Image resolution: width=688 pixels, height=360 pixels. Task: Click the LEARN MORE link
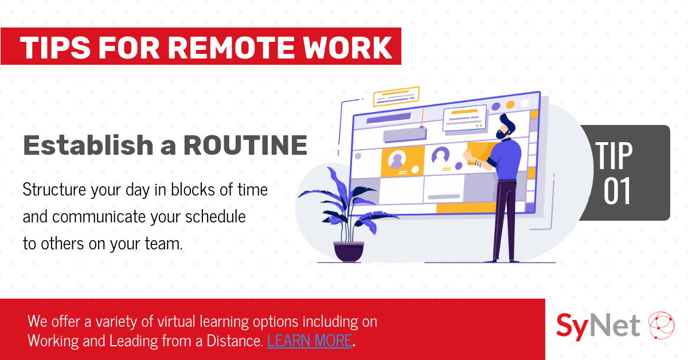pyautogui.click(x=310, y=341)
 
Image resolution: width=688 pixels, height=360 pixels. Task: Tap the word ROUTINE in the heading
pyautogui.click(x=245, y=145)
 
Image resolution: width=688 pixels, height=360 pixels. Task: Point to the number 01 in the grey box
pyautogui.click(x=617, y=191)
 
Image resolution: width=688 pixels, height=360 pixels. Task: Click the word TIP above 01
pyautogui.click(x=613, y=155)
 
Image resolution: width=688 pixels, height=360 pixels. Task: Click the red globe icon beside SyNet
pyautogui.click(x=661, y=325)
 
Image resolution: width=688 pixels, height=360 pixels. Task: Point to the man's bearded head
pyautogui.click(x=505, y=127)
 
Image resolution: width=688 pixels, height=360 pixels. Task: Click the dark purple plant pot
pyautogui.click(x=349, y=252)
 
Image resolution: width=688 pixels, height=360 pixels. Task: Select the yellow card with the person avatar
pyautogui.click(x=402, y=161)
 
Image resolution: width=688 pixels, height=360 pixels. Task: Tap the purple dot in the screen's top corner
pyautogui.click(x=496, y=107)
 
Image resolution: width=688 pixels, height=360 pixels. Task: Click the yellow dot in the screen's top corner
pyautogui.click(x=510, y=105)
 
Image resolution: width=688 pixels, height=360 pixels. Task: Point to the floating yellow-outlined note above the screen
pyautogui.click(x=396, y=96)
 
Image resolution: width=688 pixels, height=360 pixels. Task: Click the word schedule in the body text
pyautogui.click(x=216, y=217)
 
